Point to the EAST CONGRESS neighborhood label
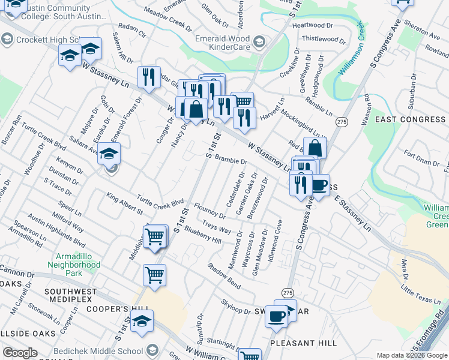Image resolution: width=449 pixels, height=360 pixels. (410, 119)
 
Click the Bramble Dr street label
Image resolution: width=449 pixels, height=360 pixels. (231, 160)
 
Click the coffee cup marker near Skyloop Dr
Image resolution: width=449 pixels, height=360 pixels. (276, 316)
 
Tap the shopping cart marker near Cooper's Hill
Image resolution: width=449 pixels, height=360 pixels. (155, 275)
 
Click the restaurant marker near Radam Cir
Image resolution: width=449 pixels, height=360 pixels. (148, 76)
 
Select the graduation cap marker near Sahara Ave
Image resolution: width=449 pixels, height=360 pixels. (109, 154)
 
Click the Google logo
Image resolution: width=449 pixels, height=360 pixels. (20, 353)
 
